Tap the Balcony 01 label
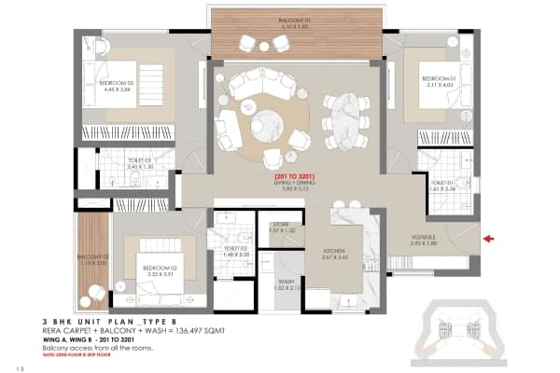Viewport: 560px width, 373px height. tap(298, 21)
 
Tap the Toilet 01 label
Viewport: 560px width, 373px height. tap(442, 185)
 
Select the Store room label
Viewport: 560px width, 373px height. tap(282, 227)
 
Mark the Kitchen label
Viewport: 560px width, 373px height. tap(335, 254)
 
